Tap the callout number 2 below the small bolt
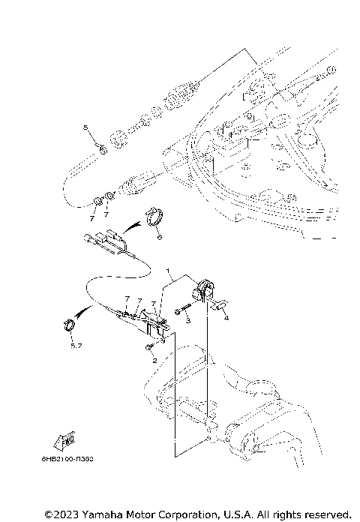(154, 360)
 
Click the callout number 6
(158, 236)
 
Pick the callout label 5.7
(75, 346)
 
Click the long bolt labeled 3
(185, 307)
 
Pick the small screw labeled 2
(150, 346)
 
